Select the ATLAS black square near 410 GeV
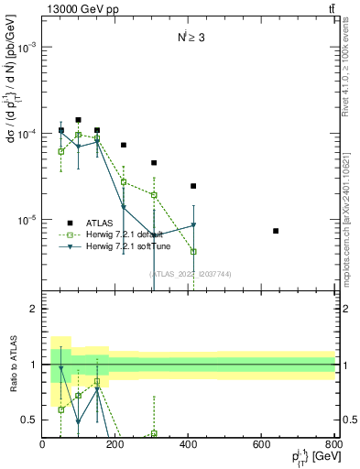193,186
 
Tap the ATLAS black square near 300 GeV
154,163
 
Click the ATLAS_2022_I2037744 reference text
190,273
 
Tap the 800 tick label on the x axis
334,445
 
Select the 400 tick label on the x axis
189,445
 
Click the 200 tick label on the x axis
115,445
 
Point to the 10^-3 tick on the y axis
28,48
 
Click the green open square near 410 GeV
193,251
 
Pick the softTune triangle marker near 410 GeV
193,225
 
